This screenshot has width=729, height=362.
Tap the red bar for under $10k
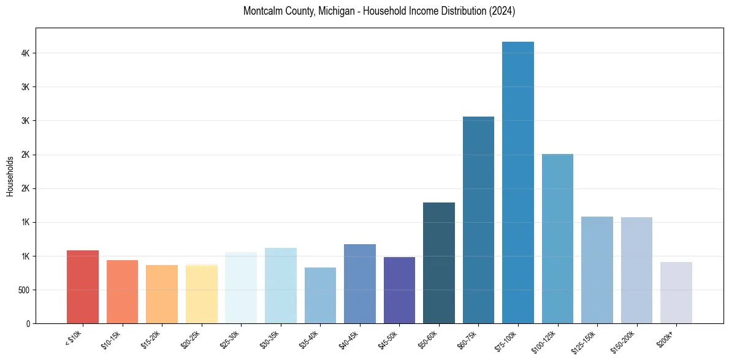click(83, 287)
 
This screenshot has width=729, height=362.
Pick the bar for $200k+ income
click(676, 293)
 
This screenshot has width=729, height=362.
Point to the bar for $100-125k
click(557, 239)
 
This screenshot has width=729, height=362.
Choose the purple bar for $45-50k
click(399, 290)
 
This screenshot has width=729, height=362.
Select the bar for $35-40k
click(320, 295)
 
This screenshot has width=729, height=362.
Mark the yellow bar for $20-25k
click(201, 294)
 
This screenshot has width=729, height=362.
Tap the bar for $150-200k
click(636, 270)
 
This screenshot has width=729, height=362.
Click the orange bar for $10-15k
click(122, 291)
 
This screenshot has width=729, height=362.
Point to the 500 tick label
click(23, 290)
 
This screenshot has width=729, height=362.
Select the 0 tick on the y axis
click(28, 323)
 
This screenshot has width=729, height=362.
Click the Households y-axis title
click(10, 176)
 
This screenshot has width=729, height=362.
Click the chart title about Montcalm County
click(379, 11)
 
